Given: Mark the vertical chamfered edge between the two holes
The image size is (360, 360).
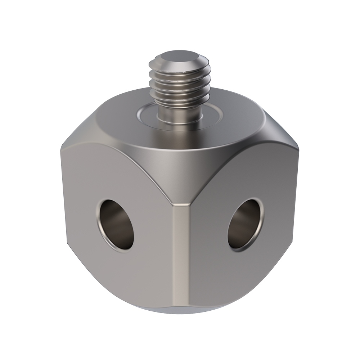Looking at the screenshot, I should (180, 252).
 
